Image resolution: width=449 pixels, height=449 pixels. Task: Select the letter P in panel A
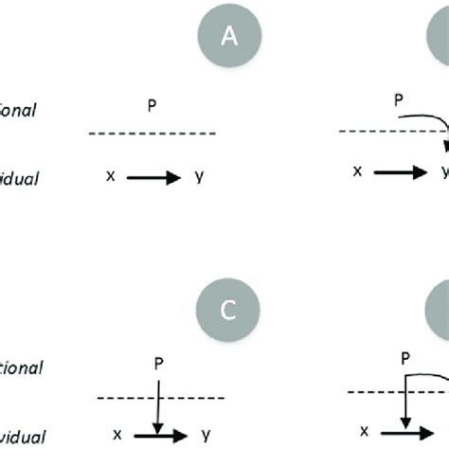(x=153, y=108)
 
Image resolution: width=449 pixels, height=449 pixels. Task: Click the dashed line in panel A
(x=153, y=134)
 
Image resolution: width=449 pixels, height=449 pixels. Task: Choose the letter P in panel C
(x=156, y=362)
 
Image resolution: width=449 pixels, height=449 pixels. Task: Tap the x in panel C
(x=117, y=433)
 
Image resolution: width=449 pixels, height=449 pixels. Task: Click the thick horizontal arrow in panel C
(x=161, y=435)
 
